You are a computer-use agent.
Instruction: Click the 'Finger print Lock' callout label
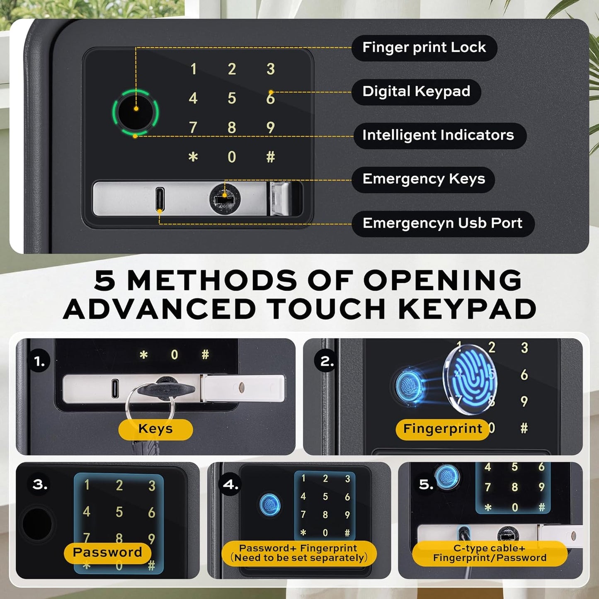pyautogui.click(x=424, y=48)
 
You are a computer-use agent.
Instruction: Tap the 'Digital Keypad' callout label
pyautogui.click(x=416, y=92)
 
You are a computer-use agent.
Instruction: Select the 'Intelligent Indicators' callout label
pyautogui.click(x=439, y=136)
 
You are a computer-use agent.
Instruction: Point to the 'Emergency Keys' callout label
pyautogui.click(x=423, y=179)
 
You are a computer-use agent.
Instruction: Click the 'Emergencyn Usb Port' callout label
pyautogui.click(x=442, y=223)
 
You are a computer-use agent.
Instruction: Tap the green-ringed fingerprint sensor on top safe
pyautogui.click(x=135, y=112)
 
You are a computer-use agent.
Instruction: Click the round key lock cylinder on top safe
pyautogui.click(x=224, y=200)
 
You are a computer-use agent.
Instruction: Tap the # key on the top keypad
pyautogui.click(x=270, y=157)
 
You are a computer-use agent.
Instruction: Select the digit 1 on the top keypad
pyautogui.click(x=193, y=69)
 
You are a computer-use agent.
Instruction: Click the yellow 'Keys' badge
pyautogui.click(x=155, y=429)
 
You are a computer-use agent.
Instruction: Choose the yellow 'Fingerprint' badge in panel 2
pyautogui.click(x=442, y=429)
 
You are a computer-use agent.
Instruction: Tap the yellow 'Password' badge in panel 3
pyautogui.click(x=107, y=553)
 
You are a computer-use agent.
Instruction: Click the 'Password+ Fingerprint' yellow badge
pyautogui.click(x=299, y=553)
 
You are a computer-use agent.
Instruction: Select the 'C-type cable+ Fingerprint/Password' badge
pyautogui.click(x=490, y=553)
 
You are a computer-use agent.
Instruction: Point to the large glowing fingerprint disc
pyautogui.click(x=470, y=379)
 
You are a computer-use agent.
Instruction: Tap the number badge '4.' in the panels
pyautogui.click(x=230, y=485)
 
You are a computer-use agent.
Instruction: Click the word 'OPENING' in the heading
pyautogui.click(x=442, y=281)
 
